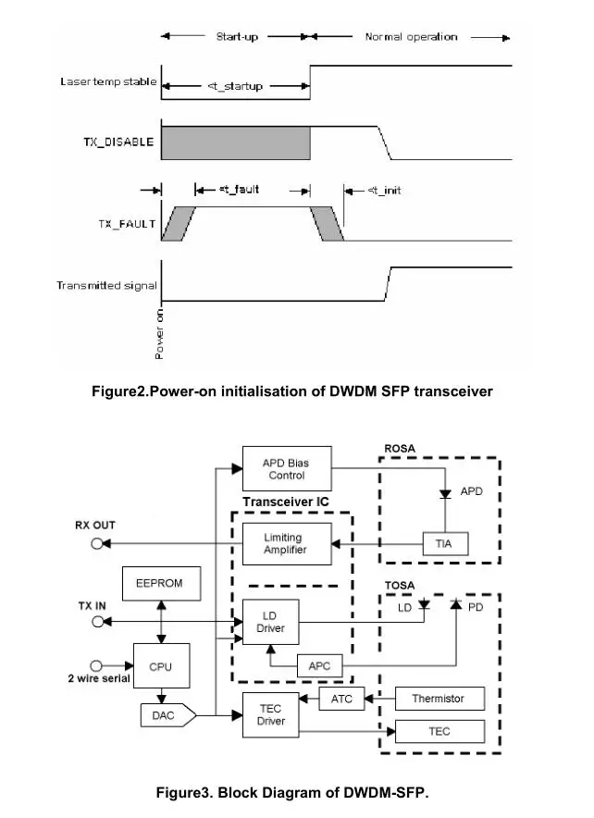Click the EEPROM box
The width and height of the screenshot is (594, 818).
[x=161, y=583]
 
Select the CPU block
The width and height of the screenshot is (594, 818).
[x=161, y=665]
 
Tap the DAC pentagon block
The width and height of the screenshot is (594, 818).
[x=167, y=715]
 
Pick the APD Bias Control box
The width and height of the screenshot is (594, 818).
[x=287, y=468]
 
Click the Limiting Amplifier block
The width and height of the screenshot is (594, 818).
[x=287, y=543]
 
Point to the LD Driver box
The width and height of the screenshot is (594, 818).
[x=271, y=622]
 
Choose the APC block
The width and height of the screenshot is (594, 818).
[x=320, y=665]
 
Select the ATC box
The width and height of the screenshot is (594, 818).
[x=341, y=699]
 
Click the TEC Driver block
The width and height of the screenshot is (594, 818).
[x=271, y=714]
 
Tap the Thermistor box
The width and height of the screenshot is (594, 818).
[x=439, y=699]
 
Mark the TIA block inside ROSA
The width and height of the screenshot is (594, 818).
[x=445, y=543]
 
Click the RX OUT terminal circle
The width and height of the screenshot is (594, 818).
[x=96, y=543]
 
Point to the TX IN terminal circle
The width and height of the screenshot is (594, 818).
[x=97, y=621]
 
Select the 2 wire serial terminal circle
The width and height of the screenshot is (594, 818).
[x=96, y=665]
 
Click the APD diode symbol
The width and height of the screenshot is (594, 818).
[x=445, y=493]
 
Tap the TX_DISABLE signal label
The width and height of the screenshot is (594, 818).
[x=119, y=142]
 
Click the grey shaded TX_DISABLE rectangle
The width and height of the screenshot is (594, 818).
[x=236, y=143]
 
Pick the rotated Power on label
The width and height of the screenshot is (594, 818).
[x=159, y=334]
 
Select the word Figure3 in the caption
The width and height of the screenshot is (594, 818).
[x=185, y=793]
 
